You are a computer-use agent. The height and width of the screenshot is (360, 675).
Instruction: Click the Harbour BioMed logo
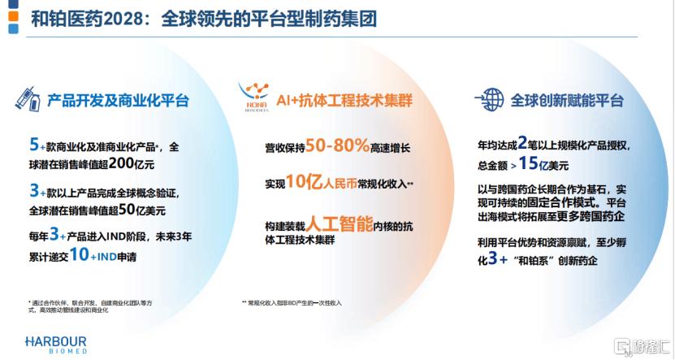click(x=56, y=345)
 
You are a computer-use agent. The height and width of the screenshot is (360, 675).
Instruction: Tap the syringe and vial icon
click(x=28, y=99)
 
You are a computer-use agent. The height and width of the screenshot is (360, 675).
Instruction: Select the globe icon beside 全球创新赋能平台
click(x=490, y=99)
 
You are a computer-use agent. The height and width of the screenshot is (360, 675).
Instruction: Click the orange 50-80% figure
click(x=338, y=145)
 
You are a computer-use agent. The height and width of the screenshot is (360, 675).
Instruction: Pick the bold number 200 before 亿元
click(x=121, y=163)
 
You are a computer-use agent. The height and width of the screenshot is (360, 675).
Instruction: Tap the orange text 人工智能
click(x=340, y=224)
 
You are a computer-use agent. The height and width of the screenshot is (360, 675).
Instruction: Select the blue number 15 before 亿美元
click(x=528, y=163)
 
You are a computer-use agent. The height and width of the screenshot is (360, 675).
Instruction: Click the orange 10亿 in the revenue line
click(x=305, y=182)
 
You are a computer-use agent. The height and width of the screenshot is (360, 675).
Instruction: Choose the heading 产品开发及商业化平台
click(x=118, y=100)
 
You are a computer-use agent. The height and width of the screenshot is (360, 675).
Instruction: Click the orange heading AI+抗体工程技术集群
click(x=344, y=100)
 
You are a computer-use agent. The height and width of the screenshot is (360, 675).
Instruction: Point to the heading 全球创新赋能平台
click(x=568, y=100)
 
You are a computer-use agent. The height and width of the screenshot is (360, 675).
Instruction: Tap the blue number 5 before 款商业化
click(x=34, y=145)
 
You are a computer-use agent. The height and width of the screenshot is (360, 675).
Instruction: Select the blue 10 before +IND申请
click(x=80, y=255)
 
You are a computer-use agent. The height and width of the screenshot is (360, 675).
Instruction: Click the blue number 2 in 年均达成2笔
click(x=522, y=142)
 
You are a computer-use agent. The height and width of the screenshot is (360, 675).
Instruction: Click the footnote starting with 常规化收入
click(x=292, y=303)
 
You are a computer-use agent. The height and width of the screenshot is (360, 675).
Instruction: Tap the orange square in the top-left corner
click(x=13, y=16)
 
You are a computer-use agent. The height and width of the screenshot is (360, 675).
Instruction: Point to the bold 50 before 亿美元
click(x=127, y=210)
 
